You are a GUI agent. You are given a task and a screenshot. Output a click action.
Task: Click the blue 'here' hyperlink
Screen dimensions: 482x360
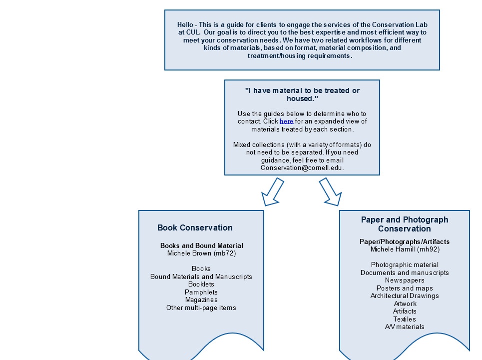pos(286,121)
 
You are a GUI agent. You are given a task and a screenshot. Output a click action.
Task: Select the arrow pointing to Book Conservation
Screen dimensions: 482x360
pos(272,191)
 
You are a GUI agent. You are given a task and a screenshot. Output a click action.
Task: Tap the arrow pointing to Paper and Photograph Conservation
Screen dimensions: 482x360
pos(331,191)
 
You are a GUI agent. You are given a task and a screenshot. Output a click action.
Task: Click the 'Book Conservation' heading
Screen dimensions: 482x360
pos(195,227)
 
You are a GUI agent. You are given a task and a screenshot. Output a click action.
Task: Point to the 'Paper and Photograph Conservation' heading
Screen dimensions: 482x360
pos(405,224)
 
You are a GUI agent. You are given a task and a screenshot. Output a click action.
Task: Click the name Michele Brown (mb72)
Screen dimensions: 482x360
pos(201,253)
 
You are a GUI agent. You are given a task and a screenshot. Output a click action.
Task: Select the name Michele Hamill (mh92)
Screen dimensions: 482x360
pos(405,249)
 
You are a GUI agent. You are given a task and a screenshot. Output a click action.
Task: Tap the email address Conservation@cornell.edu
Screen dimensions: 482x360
pos(302,167)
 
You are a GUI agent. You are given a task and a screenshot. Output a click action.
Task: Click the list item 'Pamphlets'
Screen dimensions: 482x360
pos(201,292)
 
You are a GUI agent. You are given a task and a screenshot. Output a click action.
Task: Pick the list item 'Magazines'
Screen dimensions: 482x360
pos(201,299)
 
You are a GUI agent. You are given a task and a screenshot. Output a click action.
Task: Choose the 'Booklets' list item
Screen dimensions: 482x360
pos(201,284)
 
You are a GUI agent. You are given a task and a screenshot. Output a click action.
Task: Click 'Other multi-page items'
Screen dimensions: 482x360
pos(201,307)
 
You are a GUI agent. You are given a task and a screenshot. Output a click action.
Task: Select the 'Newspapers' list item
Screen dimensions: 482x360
pos(405,280)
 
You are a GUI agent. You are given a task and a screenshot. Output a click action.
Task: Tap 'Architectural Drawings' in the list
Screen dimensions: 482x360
pos(405,295)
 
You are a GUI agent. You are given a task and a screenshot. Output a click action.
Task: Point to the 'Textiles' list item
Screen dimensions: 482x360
pos(405,319)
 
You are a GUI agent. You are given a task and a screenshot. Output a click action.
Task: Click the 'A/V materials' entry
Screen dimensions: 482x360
pos(405,327)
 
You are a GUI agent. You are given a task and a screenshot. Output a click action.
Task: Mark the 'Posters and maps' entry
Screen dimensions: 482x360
pos(405,288)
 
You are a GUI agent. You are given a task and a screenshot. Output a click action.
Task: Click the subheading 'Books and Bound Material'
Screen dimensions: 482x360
pos(202,245)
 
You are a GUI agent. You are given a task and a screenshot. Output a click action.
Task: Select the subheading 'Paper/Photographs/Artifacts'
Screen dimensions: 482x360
pos(405,241)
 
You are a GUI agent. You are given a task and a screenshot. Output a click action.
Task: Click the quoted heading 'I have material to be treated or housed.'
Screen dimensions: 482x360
pos(302,94)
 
